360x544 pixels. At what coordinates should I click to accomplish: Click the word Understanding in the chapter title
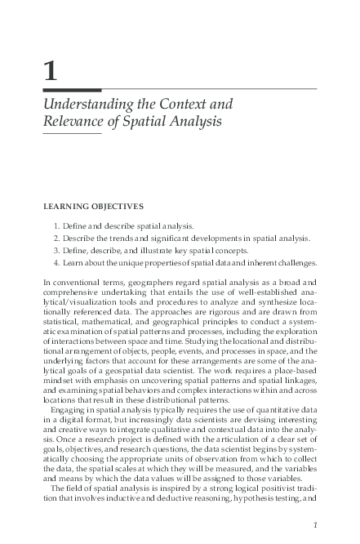tap(91, 105)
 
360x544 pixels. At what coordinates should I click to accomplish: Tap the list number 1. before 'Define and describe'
tap(57, 225)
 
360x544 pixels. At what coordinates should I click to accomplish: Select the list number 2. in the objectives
tap(57, 238)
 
